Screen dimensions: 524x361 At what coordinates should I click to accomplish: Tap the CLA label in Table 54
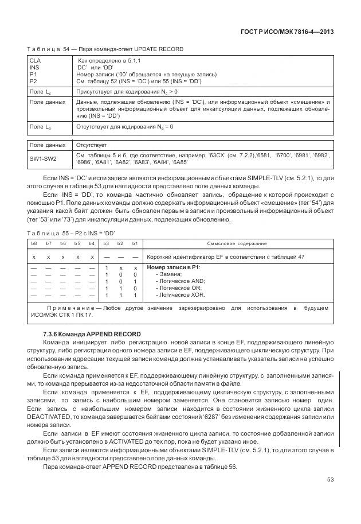[x=34, y=60]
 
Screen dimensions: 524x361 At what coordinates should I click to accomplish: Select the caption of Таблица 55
[x=71, y=232]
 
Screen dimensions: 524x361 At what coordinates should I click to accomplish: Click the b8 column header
[x=34, y=244]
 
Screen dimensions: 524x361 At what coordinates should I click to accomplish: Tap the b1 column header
[x=135, y=244]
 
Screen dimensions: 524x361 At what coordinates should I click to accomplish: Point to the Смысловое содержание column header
[x=237, y=244]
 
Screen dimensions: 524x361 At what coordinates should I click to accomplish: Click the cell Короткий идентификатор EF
[x=226, y=257]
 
